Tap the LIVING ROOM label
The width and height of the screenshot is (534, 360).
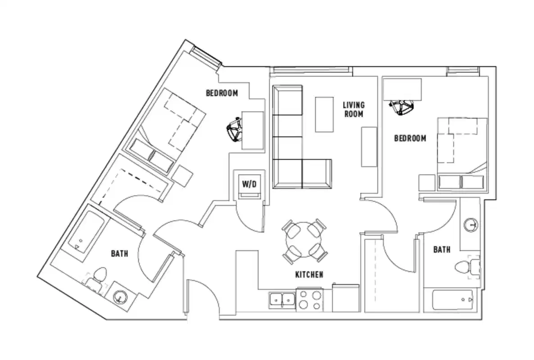[x=354, y=109]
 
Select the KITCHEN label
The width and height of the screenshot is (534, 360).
[x=309, y=274]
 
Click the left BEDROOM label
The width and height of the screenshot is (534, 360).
[x=222, y=93]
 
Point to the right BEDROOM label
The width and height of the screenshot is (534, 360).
[x=410, y=138]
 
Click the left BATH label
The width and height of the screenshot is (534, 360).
[x=119, y=254]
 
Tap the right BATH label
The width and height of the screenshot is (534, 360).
[x=441, y=249]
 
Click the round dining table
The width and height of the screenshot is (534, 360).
[x=304, y=240]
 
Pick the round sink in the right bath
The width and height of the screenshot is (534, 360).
[x=471, y=224]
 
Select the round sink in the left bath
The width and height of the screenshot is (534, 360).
[x=120, y=297]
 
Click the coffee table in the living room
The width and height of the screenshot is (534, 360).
[x=324, y=114]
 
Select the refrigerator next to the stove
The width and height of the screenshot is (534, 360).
[x=345, y=297]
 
